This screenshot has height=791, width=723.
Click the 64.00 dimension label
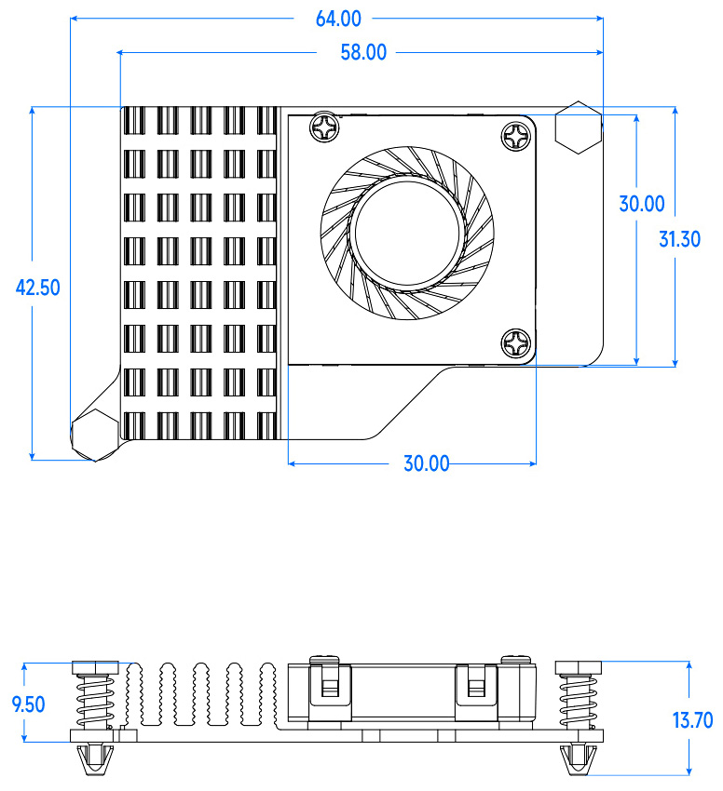(x=338, y=20)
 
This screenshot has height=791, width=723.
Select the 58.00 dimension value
(x=363, y=52)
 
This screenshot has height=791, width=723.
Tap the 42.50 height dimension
(x=38, y=288)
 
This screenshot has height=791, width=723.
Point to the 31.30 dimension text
(x=679, y=239)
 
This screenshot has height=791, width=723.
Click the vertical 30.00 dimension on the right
(x=642, y=204)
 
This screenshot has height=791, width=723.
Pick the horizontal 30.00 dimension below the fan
(x=427, y=463)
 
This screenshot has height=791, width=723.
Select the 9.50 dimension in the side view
(x=28, y=704)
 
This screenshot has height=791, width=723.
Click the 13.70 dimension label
(x=692, y=720)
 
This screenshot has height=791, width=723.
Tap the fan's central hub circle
(x=407, y=233)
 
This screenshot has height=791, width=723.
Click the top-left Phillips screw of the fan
(x=324, y=127)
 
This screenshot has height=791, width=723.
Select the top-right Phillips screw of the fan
(x=516, y=135)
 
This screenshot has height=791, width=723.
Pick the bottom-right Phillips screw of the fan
(x=516, y=343)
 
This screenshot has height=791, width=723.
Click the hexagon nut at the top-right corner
(x=579, y=127)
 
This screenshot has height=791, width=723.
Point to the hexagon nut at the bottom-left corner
(x=94, y=435)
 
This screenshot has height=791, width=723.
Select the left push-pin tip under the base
(x=94, y=758)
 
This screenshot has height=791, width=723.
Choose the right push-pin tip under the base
(x=579, y=758)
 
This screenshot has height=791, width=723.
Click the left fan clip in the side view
(x=330, y=685)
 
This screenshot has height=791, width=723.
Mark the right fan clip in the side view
(x=476, y=685)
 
